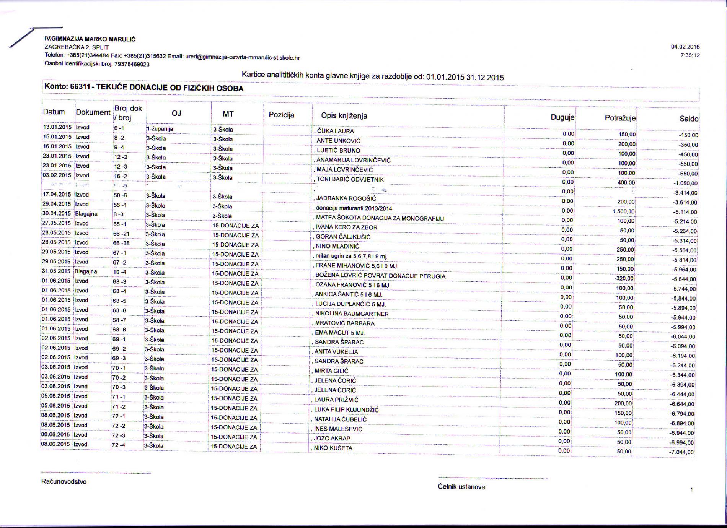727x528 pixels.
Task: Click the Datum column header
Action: tap(54, 112)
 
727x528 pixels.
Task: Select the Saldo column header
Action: tap(689, 119)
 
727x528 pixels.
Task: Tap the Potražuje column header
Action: tap(620, 118)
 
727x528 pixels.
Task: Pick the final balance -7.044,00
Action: tap(681, 452)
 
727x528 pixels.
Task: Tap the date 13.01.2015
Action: tap(57, 127)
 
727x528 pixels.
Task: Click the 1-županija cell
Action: tap(160, 129)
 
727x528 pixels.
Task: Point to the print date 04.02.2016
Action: tap(685, 47)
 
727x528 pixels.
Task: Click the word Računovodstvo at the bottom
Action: tap(64, 482)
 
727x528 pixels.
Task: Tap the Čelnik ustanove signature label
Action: tap(461, 487)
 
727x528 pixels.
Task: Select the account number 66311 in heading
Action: tap(80, 87)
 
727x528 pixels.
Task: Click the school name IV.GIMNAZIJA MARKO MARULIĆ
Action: tap(90, 39)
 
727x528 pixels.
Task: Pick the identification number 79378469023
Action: tap(132, 64)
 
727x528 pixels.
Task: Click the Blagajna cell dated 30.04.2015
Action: tap(86, 214)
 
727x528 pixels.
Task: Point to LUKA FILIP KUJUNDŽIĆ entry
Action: tap(346, 410)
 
